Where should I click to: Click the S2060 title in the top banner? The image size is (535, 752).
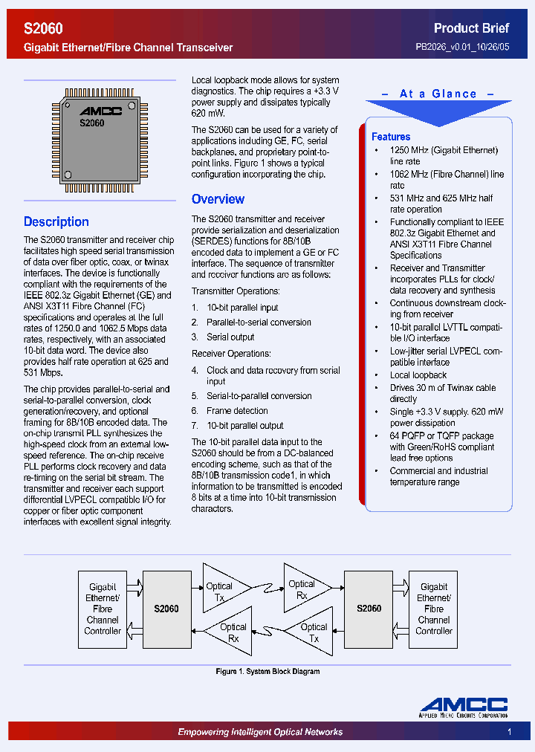[x=43, y=28]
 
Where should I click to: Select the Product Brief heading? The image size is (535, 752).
[x=471, y=28]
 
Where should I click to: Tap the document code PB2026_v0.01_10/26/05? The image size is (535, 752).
[x=462, y=47]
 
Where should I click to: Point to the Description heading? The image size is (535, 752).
[x=56, y=221]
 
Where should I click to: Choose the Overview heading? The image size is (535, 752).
[x=218, y=199]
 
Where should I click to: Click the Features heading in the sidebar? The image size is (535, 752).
[x=391, y=137]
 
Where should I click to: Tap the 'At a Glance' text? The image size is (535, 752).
[x=438, y=94]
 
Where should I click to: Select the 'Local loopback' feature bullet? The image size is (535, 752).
[x=418, y=375]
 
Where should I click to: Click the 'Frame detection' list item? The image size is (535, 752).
[x=237, y=410]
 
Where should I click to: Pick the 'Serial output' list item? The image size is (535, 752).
[x=230, y=337]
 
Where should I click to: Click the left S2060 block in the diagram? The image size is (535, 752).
[x=166, y=609]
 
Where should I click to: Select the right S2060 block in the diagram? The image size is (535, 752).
[x=369, y=609]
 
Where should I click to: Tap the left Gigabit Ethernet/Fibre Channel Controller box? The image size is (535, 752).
[x=103, y=609]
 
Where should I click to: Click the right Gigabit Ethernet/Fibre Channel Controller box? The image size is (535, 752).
[x=434, y=609]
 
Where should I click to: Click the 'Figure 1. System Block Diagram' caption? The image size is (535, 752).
[x=267, y=672]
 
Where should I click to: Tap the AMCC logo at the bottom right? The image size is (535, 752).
[x=463, y=707]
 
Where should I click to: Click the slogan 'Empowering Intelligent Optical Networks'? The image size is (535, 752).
[x=260, y=732]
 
